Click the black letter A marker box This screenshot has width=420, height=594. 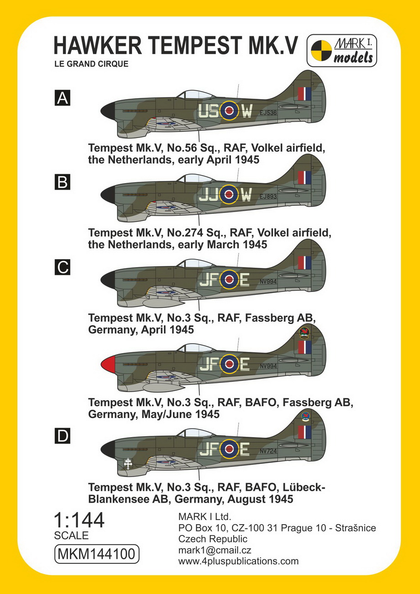tap(63, 98)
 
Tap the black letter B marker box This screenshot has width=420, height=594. tap(63, 182)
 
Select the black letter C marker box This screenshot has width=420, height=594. tap(63, 267)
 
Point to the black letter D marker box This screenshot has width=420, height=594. tap(63, 436)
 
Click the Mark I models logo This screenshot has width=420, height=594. tap(341, 50)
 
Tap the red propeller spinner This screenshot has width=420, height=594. tap(108, 363)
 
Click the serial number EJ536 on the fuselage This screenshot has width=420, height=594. tap(268, 113)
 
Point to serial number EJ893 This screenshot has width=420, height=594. tap(268, 196)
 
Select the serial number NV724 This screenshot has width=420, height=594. tap(268, 451)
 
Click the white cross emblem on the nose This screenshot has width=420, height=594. tap(128, 464)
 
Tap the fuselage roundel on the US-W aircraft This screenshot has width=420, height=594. tap(229, 111)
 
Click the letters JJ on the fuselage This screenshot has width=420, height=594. tap(208, 195)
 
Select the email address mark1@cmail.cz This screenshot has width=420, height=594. tap(215, 550)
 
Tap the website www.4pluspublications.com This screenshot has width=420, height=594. tap(238, 562)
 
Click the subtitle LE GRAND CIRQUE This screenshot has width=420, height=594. tap(91, 64)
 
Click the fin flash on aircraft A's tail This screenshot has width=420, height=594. tap(304, 94)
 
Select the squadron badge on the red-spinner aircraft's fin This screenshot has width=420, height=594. tap(304, 333)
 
